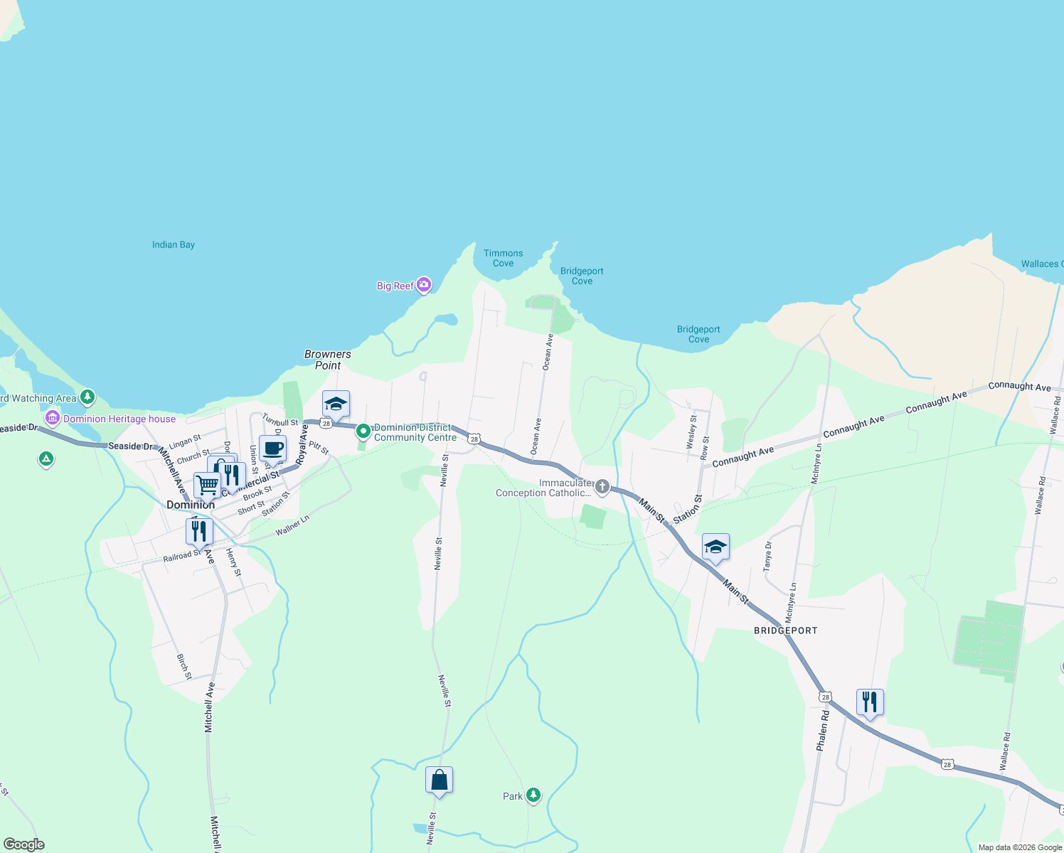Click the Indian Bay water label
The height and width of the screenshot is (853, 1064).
tap(174, 245)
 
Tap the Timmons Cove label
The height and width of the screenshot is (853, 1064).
tap(503, 258)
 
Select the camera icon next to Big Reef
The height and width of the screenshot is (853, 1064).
tap(424, 285)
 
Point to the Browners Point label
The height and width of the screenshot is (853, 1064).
tap(328, 360)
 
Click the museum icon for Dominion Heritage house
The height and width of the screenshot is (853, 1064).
tap(52, 418)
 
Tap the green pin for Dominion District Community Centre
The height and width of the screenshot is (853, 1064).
tap(363, 431)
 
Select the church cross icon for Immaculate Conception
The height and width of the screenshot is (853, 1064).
tap(602, 487)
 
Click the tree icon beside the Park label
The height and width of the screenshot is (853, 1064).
tap(533, 795)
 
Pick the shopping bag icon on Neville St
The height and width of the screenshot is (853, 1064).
tap(439, 780)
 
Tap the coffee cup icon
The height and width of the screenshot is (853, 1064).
tap(272, 449)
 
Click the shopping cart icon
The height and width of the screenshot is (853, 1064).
tap(207, 485)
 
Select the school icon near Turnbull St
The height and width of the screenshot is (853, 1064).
tap(336, 404)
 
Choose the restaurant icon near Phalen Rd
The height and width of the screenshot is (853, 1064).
tap(870, 702)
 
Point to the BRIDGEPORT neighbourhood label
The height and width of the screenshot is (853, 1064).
tap(785, 631)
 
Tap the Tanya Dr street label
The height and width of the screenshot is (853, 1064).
tap(767, 557)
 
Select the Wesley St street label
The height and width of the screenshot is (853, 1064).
tap(691, 433)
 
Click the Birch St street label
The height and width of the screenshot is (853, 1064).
tap(183, 667)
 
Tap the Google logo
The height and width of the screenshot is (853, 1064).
tap(23, 844)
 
